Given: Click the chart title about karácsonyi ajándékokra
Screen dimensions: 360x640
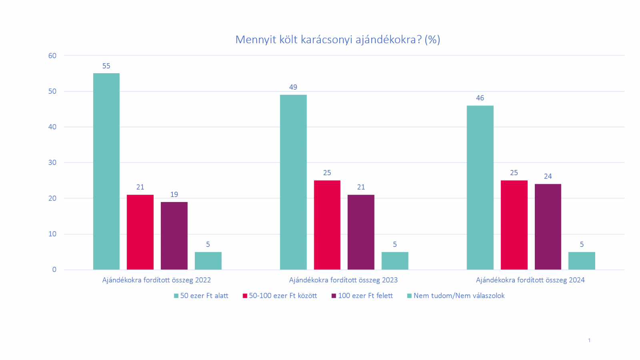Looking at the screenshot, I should [x=338, y=40].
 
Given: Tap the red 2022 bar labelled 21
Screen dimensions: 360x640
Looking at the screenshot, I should [x=140, y=232].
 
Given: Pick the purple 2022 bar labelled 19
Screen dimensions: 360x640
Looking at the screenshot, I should [x=174, y=236].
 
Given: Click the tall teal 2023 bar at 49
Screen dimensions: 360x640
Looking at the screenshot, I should [x=293, y=182].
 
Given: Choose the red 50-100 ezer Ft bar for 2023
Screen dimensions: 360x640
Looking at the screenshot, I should [x=327, y=225].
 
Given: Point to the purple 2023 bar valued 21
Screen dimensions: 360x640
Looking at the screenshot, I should [x=361, y=232].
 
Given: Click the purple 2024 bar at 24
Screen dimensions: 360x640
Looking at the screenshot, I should [x=548, y=226].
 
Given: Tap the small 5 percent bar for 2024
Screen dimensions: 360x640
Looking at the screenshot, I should [x=582, y=261].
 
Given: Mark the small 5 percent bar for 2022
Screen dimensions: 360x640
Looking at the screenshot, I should [x=208, y=261].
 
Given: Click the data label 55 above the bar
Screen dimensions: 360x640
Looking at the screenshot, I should [x=106, y=66].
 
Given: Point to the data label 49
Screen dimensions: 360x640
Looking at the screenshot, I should [x=293, y=87].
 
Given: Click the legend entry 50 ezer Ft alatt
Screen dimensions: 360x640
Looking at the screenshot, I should [x=201, y=296].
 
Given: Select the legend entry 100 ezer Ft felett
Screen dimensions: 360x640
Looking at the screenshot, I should [x=362, y=296].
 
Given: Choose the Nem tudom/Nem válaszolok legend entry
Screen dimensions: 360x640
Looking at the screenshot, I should [x=456, y=296].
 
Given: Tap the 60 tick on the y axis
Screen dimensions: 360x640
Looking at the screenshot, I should [x=52, y=56].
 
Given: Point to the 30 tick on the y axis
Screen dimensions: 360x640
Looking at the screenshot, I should [x=52, y=162].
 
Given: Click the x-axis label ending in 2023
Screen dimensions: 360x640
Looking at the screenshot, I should [x=343, y=280].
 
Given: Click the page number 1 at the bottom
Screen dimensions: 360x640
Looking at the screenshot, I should [x=589, y=340].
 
